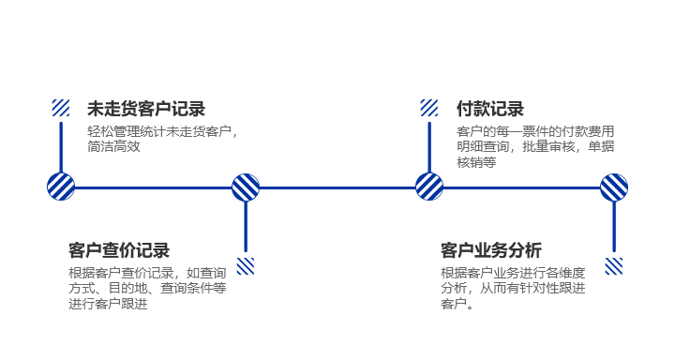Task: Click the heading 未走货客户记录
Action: (x=146, y=109)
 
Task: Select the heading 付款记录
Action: (x=490, y=109)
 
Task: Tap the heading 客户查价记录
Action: (x=119, y=250)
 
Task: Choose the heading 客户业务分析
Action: (x=491, y=250)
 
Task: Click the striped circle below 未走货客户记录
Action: (x=61, y=187)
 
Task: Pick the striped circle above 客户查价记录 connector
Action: (x=246, y=187)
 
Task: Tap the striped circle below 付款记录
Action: (x=429, y=187)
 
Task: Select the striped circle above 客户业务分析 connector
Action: (x=614, y=187)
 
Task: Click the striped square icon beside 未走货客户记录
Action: (x=61, y=108)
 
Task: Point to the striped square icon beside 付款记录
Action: (x=429, y=108)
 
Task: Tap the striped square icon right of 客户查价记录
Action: (x=246, y=266)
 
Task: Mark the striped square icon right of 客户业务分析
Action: (x=614, y=266)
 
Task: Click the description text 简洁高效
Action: (x=113, y=146)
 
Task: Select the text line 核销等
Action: (x=476, y=162)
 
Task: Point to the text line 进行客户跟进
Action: (x=108, y=304)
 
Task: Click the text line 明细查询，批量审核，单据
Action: (x=535, y=146)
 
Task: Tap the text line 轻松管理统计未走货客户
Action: (x=160, y=131)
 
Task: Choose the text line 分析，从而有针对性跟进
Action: (x=513, y=288)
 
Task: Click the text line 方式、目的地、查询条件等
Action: (x=148, y=288)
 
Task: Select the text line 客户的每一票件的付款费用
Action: (x=535, y=131)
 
